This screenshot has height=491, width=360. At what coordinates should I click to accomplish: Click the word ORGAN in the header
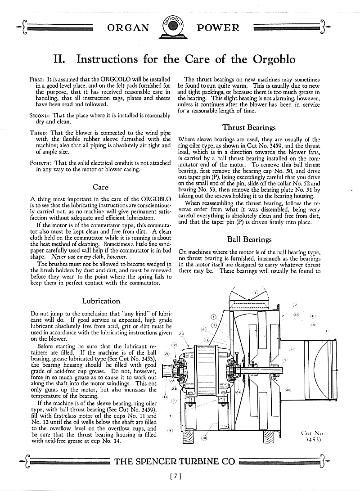click(128, 28)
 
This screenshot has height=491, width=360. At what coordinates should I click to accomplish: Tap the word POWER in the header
click(218, 28)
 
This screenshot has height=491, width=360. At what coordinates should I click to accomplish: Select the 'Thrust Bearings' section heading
click(249, 128)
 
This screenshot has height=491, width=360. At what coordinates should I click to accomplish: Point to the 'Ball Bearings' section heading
click(249, 239)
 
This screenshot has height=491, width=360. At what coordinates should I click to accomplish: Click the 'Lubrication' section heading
click(101, 301)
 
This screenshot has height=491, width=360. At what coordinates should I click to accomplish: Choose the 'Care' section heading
click(100, 187)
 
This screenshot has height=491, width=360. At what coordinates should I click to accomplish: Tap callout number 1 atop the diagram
click(255, 293)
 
